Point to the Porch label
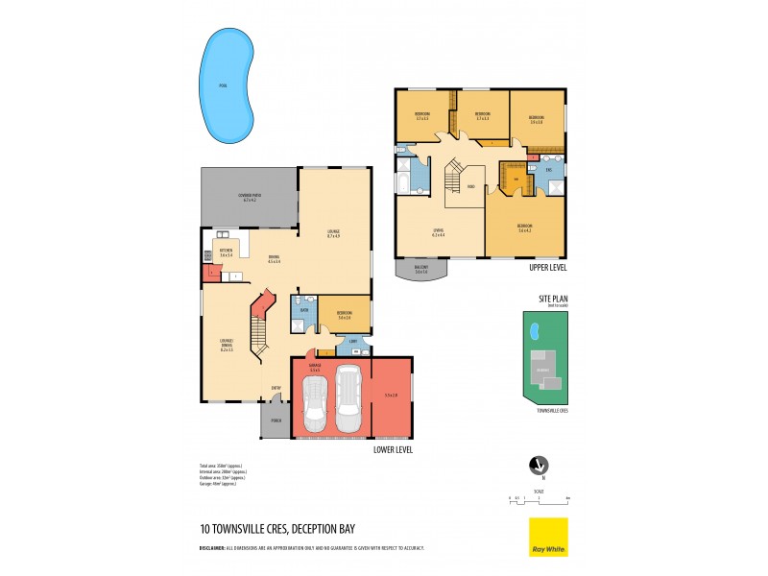click(x=276, y=420)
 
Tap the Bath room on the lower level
click(x=303, y=311)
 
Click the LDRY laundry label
click(x=353, y=341)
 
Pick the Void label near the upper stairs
click(x=471, y=186)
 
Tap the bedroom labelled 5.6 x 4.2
click(x=524, y=228)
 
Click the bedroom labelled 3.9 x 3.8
click(x=537, y=120)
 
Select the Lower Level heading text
click(x=393, y=448)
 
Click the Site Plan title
click(x=553, y=299)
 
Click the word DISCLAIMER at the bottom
click(x=212, y=547)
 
